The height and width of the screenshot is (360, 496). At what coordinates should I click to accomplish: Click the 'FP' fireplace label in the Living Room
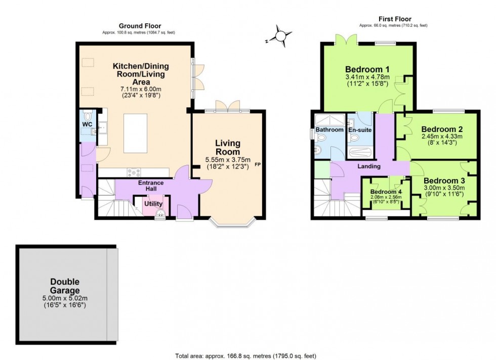click(258, 165)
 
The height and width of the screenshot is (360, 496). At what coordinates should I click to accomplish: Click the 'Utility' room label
click(153, 204)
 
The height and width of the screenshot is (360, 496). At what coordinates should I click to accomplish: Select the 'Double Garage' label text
click(65, 286)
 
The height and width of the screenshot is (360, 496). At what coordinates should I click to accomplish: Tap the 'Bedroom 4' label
click(386, 192)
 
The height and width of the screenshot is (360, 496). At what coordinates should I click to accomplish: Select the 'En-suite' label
click(360, 130)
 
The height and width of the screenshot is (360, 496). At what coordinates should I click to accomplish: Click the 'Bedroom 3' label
click(444, 181)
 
